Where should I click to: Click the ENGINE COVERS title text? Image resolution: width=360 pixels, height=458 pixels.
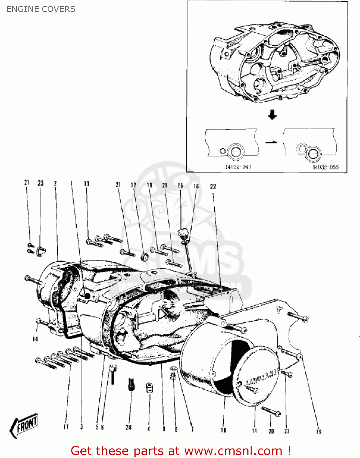(41, 9)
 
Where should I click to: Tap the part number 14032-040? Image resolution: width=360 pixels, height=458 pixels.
(238, 167)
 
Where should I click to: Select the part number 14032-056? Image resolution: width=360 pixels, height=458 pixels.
(325, 167)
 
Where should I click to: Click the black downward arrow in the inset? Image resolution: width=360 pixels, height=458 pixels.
(272, 115)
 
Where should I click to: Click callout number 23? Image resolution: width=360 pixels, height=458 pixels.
(41, 183)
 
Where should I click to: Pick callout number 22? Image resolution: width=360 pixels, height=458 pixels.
(213, 187)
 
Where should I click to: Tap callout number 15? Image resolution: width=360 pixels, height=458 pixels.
(180, 186)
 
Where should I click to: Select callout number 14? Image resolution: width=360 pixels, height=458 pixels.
(35, 339)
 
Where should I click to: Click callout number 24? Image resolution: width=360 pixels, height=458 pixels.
(129, 427)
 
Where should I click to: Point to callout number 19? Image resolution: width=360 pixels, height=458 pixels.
(319, 432)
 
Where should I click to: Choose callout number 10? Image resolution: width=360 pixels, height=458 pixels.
(223, 430)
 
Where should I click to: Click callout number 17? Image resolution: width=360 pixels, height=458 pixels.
(66, 427)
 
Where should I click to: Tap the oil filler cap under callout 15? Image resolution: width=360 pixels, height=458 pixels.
(183, 233)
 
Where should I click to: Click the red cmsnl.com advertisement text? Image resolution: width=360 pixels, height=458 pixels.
(180, 451)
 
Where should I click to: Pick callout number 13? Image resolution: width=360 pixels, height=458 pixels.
(87, 184)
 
